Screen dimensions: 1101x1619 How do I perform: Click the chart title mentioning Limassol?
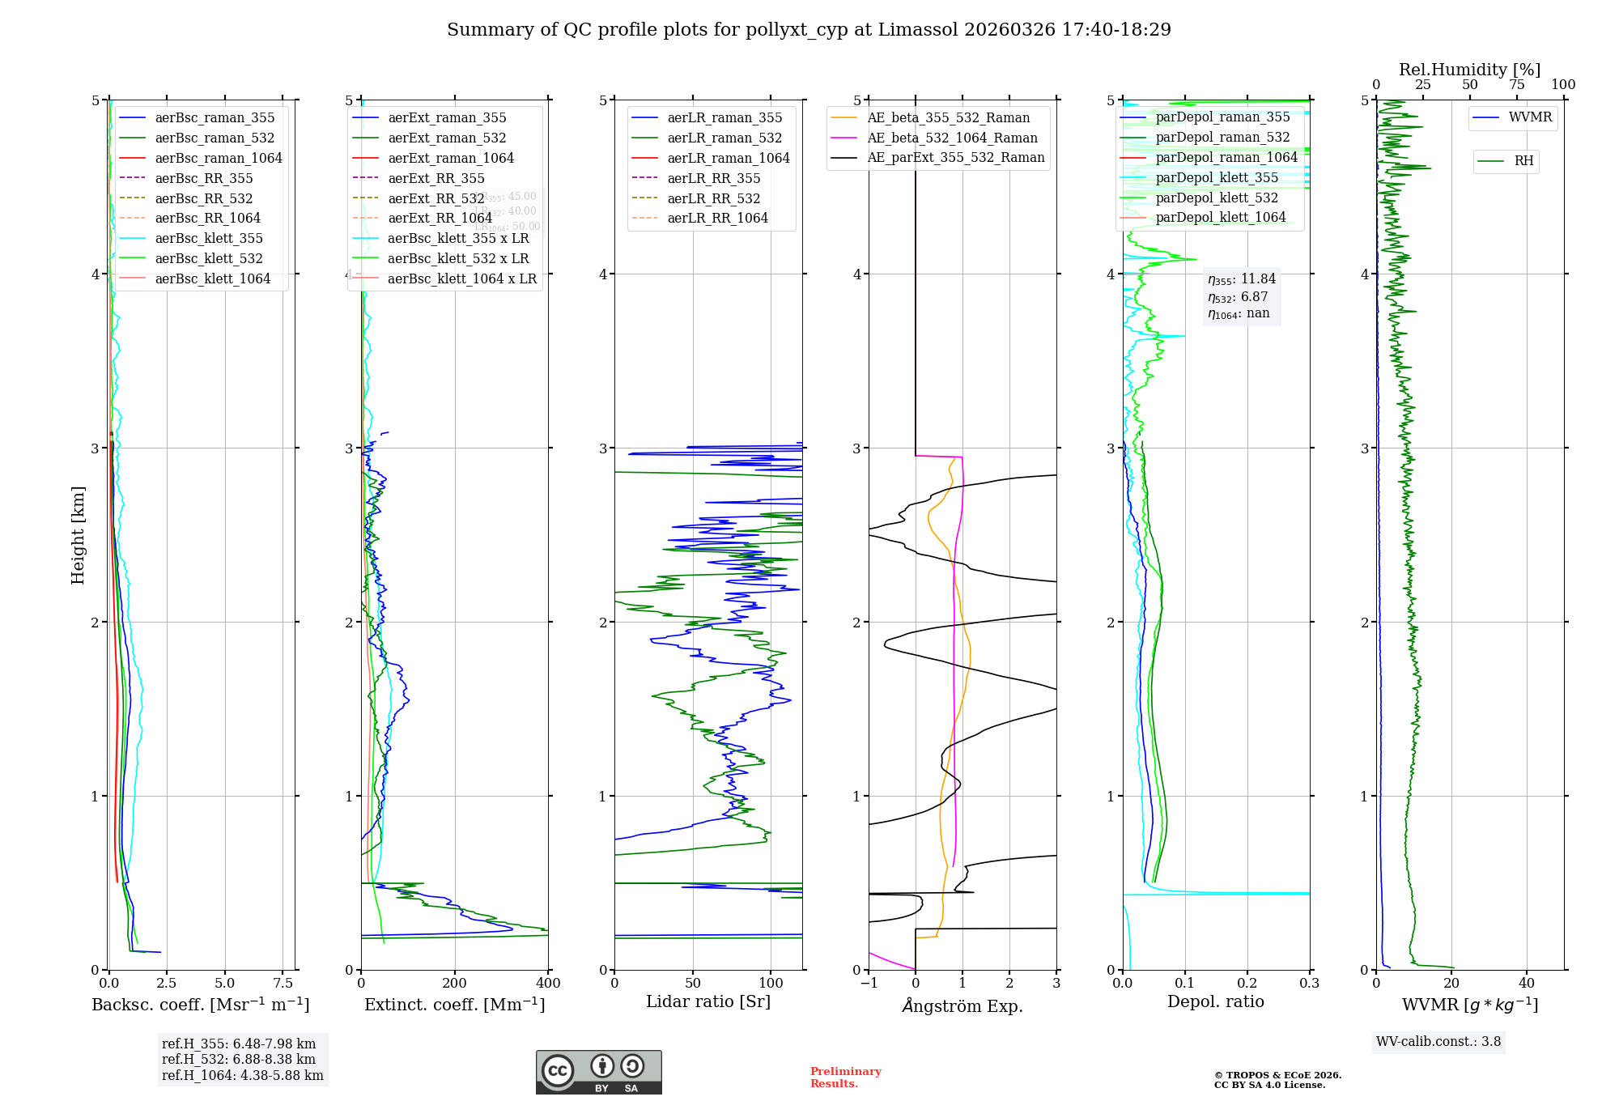tap(809, 30)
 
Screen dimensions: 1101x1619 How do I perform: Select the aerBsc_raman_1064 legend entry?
tap(219, 158)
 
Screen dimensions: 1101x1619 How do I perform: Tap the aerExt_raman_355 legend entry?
tap(447, 118)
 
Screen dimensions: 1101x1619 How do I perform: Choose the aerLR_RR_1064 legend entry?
tap(717, 218)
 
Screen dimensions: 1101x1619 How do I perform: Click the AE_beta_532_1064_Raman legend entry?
tap(952, 138)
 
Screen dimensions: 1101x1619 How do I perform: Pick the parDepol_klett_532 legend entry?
tap(1217, 198)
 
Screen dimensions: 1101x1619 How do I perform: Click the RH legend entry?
tap(1523, 161)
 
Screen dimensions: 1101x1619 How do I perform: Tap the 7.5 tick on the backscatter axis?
tap(283, 983)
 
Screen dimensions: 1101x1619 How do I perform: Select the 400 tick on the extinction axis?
tap(548, 983)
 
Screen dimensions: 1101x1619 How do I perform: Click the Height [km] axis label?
tap(78, 535)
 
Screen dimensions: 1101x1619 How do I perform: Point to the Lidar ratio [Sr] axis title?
tap(708, 1001)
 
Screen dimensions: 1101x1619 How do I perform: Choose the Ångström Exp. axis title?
tap(962, 1005)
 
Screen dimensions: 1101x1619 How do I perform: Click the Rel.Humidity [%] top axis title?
tap(1469, 70)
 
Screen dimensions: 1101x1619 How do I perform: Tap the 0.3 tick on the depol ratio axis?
tap(1309, 983)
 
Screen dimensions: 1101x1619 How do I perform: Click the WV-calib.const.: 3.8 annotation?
tap(1438, 1042)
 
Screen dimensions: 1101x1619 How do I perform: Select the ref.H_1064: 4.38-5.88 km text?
tap(243, 1075)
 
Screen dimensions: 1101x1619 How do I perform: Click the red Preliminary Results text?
tap(845, 1077)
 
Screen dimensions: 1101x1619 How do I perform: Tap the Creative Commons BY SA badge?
tap(598, 1072)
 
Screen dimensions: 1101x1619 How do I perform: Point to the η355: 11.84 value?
tap(1242, 279)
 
